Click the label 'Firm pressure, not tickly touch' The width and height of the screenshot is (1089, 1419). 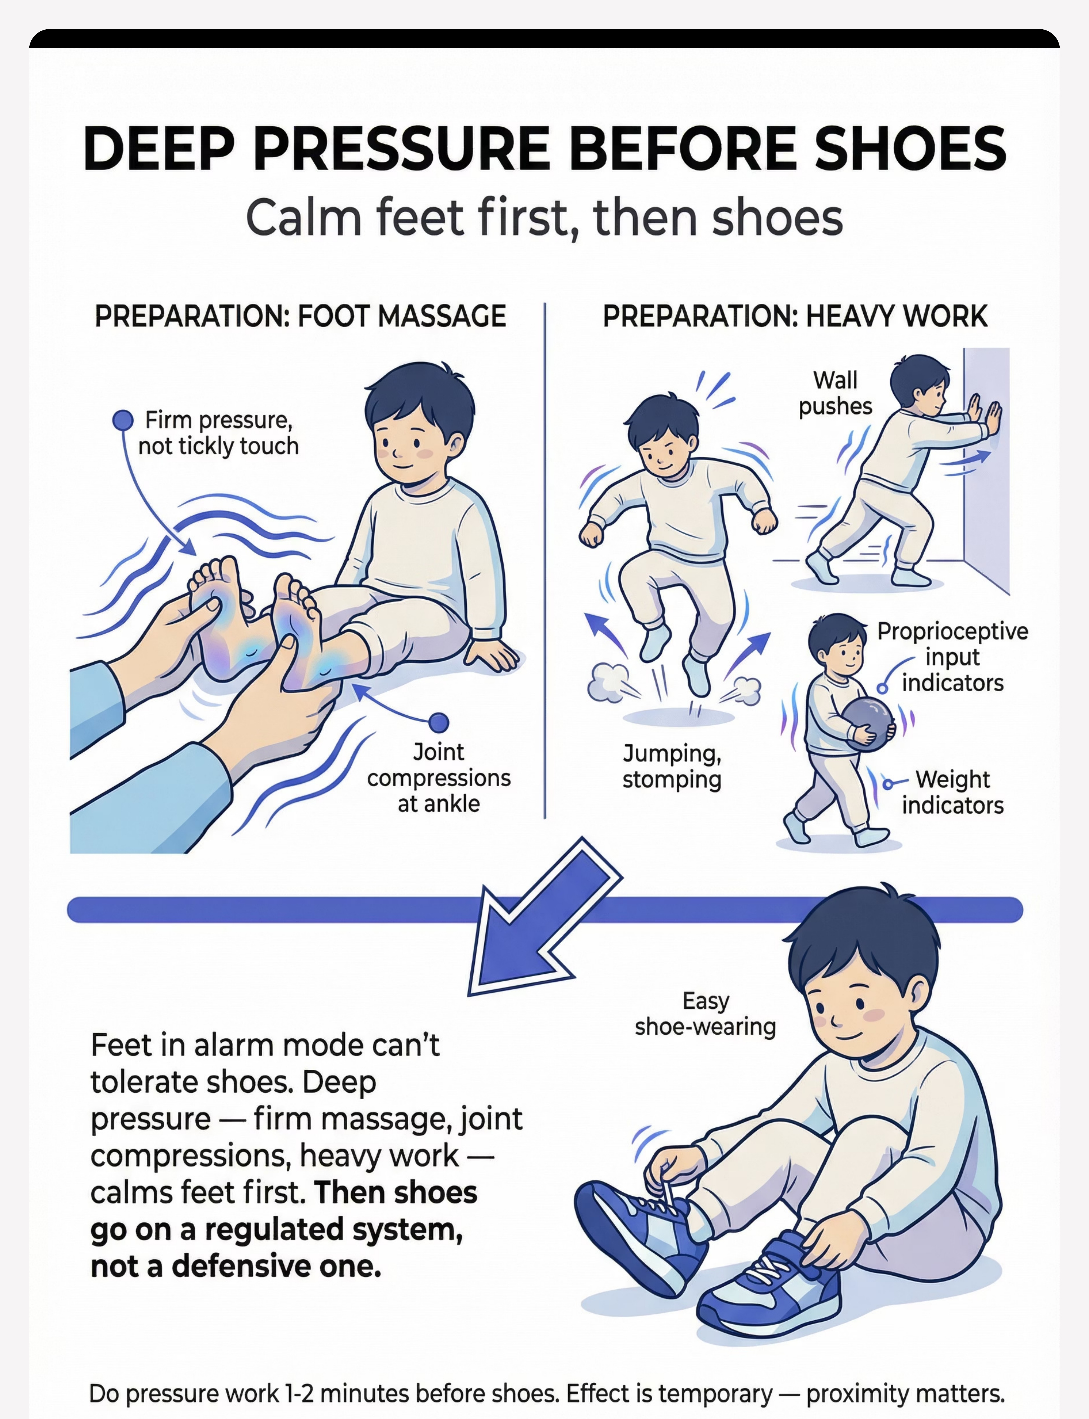coord(218,433)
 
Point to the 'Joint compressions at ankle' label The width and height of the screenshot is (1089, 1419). coord(439,778)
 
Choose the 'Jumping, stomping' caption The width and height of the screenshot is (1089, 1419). coord(672,767)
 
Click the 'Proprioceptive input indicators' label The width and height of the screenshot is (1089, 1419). coord(952,657)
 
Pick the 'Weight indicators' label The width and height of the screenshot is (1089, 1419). coord(952,792)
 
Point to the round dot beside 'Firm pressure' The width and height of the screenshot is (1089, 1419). coord(123,420)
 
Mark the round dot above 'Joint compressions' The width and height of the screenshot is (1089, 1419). coord(439,722)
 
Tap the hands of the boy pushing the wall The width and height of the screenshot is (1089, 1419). coord(985,415)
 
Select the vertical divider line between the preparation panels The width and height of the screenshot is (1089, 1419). coord(545,560)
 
